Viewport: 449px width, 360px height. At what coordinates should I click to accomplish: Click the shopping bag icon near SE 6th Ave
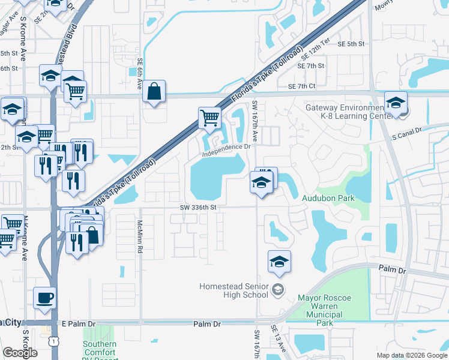click(x=154, y=92)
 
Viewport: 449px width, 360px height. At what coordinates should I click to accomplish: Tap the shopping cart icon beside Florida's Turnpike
click(x=209, y=118)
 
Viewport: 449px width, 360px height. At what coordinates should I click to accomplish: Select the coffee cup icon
click(x=46, y=298)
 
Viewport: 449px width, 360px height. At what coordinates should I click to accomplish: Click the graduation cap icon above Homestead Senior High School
click(x=279, y=262)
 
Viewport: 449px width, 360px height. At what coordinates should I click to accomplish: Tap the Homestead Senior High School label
click(x=238, y=290)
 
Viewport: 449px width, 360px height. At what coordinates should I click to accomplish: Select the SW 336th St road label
click(x=197, y=207)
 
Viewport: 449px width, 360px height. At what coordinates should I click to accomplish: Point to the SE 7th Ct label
click(x=301, y=86)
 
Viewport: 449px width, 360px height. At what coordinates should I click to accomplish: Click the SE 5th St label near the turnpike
click(x=351, y=44)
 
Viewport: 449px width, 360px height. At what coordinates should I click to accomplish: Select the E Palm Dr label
click(x=79, y=324)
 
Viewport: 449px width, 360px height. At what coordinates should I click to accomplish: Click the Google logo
click(x=20, y=353)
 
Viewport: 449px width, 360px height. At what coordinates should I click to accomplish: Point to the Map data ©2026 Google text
click(x=411, y=355)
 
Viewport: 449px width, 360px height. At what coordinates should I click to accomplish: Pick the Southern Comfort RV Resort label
click(x=100, y=349)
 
